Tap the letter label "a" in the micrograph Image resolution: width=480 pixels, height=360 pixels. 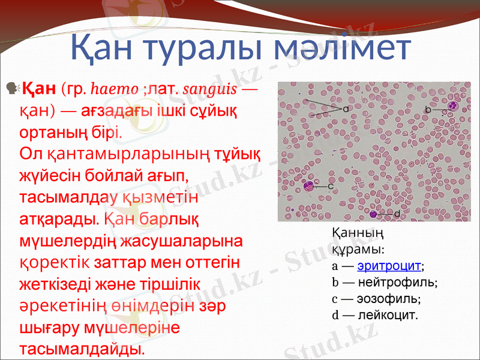346,110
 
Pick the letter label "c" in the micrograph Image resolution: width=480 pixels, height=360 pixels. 331,186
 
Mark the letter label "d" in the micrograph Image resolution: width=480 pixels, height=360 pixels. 397,214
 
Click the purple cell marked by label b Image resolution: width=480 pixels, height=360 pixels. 452,108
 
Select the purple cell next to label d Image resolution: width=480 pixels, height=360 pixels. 374,214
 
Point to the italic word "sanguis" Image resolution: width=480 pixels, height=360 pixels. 211,90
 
